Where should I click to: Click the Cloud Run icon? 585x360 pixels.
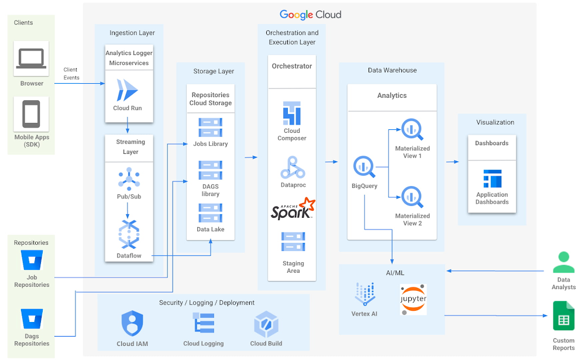(128, 90)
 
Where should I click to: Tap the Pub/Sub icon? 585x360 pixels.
(129, 179)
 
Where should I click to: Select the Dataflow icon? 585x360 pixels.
(129, 234)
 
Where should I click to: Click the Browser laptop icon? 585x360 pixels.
(32, 59)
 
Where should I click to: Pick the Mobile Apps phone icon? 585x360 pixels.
(32, 114)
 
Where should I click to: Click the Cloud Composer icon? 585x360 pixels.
(291, 113)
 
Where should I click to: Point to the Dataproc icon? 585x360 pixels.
(292, 167)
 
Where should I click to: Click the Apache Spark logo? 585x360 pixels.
(292, 209)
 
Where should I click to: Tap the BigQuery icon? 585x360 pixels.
(364, 167)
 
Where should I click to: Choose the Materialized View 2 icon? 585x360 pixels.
(412, 197)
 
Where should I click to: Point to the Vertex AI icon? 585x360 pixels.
(364, 294)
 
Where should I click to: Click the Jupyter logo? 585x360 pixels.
(413, 299)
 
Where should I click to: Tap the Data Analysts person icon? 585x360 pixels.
(563, 262)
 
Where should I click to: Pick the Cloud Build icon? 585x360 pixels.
(266, 324)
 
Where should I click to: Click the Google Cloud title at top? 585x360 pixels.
(310, 15)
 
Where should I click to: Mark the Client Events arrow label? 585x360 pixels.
(71, 73)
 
